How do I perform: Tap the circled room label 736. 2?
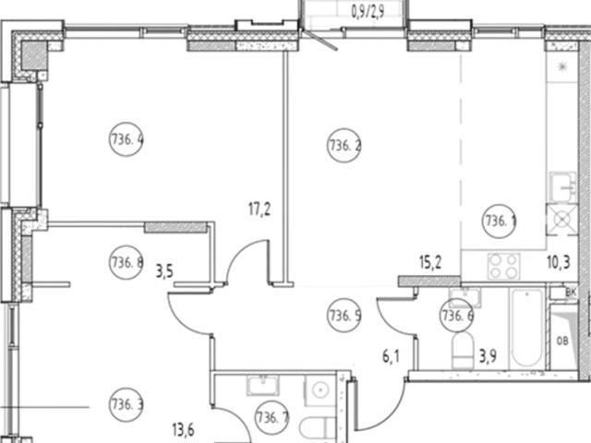pyautogui.click(x=344, y=144)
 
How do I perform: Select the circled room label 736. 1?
pyautogui.click(x=500, y=220)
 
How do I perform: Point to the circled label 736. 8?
pyautogui.click(x=127, y=261)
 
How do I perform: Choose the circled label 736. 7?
pyautogui.click(x=271, y=415)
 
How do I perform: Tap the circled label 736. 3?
pyautogui.click(x=127, y=403)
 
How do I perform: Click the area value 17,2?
pyautogui.click(x=260, y=210)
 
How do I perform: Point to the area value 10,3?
pyautogui.click(x=559, y=261)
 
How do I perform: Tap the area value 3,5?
pyautogui.click(x=164, y=271)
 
